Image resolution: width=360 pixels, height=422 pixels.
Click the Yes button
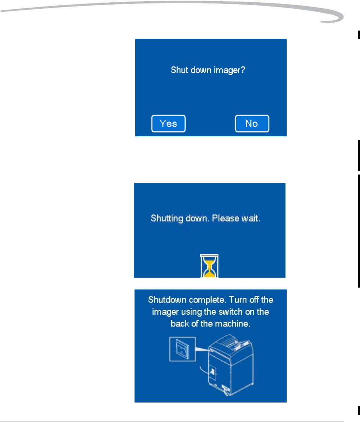coord(168,124)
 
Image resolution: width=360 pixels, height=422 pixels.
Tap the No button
coord(251,124)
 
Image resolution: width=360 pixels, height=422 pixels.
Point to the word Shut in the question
coord(178,71)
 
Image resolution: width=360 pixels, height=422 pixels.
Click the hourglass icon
coord(209,265)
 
